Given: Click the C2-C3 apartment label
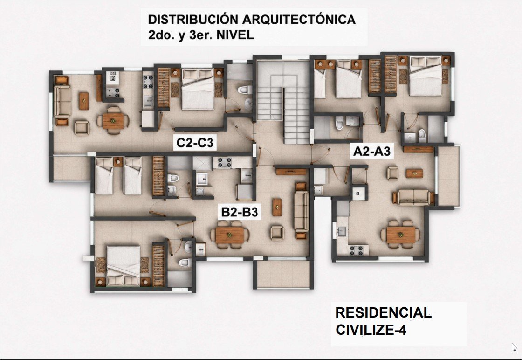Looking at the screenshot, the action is coord(195,143).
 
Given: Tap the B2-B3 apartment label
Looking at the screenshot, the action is coord(240,212).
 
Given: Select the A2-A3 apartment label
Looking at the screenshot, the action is coord(372,152).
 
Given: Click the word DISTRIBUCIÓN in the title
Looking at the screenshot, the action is coord(193,19).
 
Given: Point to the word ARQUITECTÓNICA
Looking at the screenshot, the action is coord(299,19).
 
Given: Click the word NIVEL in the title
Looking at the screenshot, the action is coord(235,35).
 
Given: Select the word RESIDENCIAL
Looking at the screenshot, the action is coord(383,313).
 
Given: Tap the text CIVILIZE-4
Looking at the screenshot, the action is coord(371,330).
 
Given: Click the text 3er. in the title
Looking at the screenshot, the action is coord(201,35).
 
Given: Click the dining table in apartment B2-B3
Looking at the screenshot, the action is coord(230,235).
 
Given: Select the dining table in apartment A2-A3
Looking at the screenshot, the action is coord(400,235).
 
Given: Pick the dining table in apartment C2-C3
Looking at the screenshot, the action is coord(113,121).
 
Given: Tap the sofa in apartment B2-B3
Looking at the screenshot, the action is coord(301,211).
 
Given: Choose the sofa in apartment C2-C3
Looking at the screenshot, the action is coord(62,101).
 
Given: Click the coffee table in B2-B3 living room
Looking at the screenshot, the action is coord(277,207).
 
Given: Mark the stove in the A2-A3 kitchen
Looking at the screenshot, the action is coord(356,250).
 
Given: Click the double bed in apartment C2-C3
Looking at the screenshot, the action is coord(198,89).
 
